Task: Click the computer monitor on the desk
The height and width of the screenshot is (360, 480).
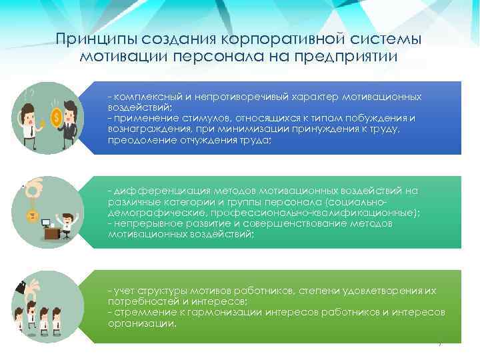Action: point(47,223)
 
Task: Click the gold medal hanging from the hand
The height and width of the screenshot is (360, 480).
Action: point(30,215)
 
